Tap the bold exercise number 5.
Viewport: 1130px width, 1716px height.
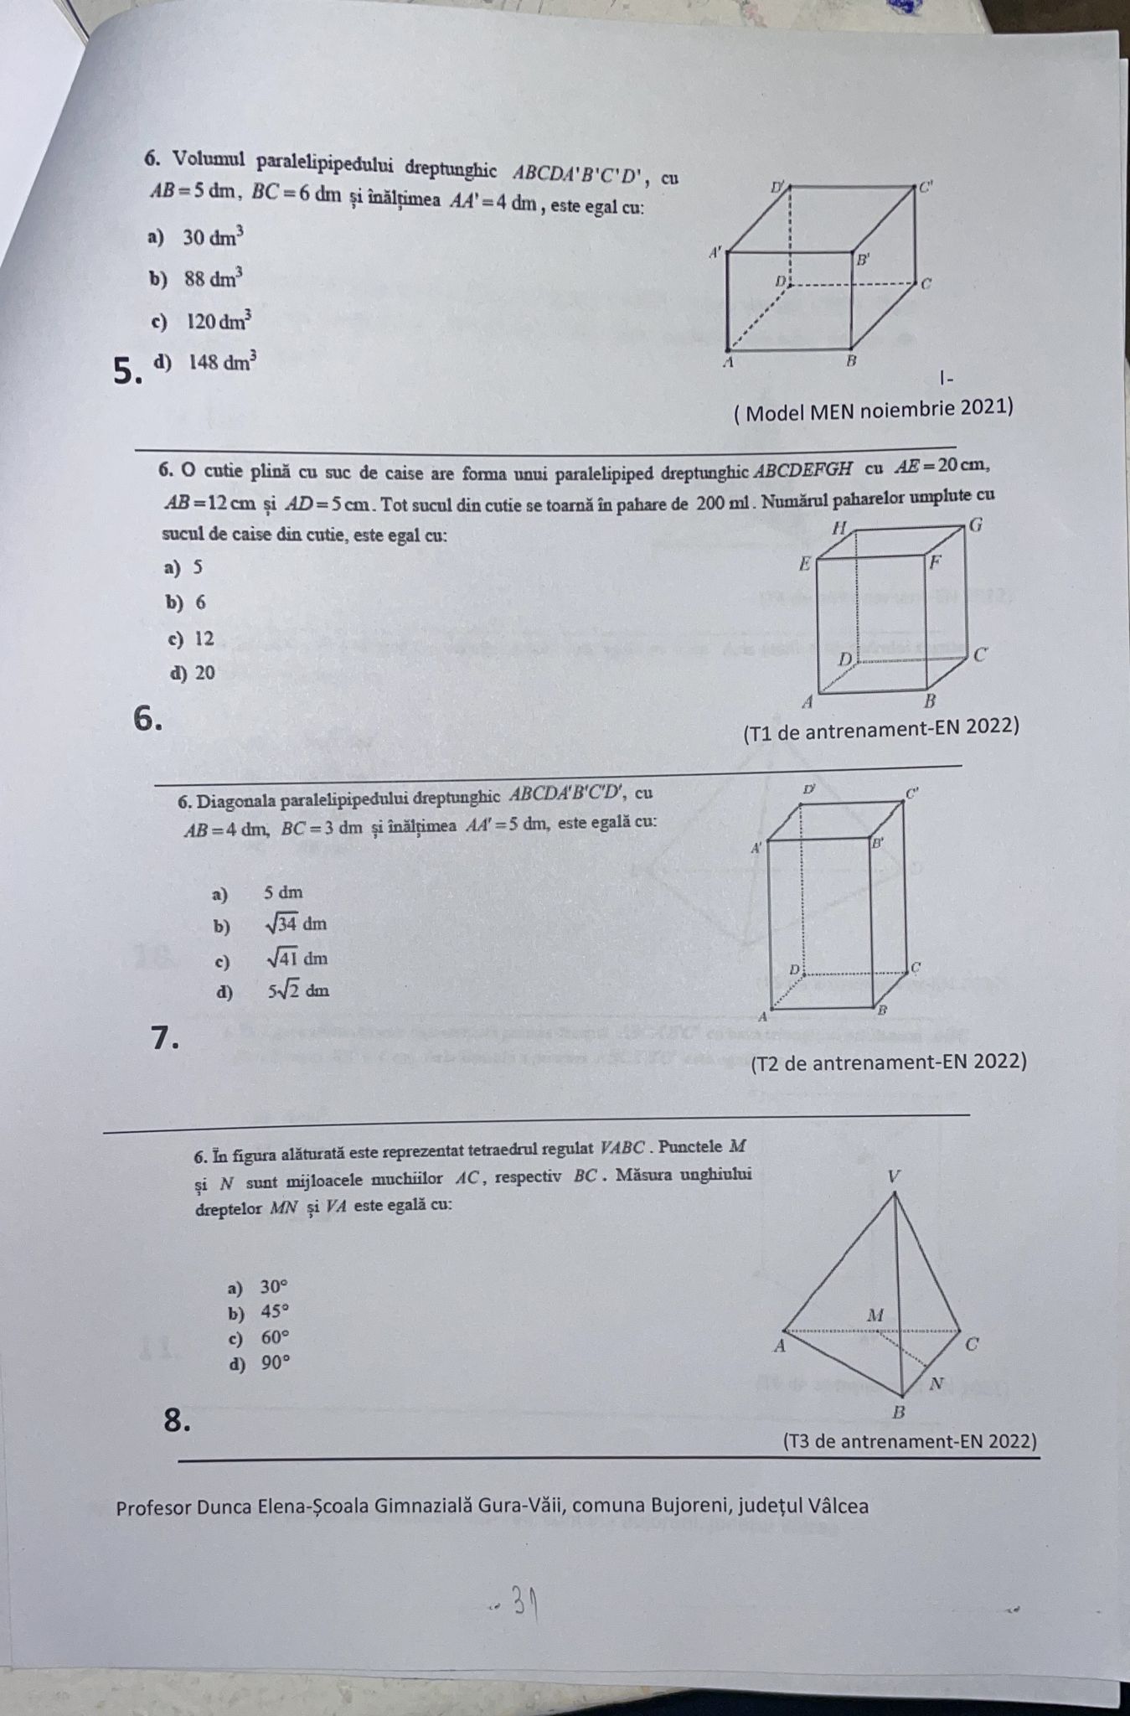pos(126,370)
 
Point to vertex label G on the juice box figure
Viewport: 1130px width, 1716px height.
pos(974,526)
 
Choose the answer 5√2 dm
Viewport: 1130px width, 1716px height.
pos(298,990)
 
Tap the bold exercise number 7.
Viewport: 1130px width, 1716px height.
pos(166,1038)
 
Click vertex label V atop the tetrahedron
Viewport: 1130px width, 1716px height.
pos(894,1176)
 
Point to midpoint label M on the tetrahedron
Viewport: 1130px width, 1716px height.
pos(875,1315)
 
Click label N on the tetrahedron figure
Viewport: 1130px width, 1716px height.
pos(937,1383)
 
